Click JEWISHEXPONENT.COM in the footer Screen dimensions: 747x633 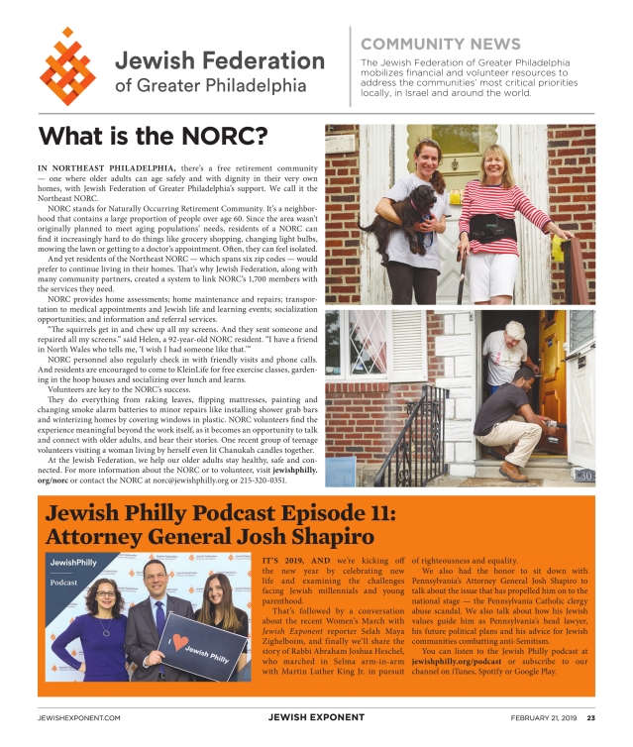[x=78, y=717]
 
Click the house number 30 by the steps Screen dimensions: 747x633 [x=585, y=476]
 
